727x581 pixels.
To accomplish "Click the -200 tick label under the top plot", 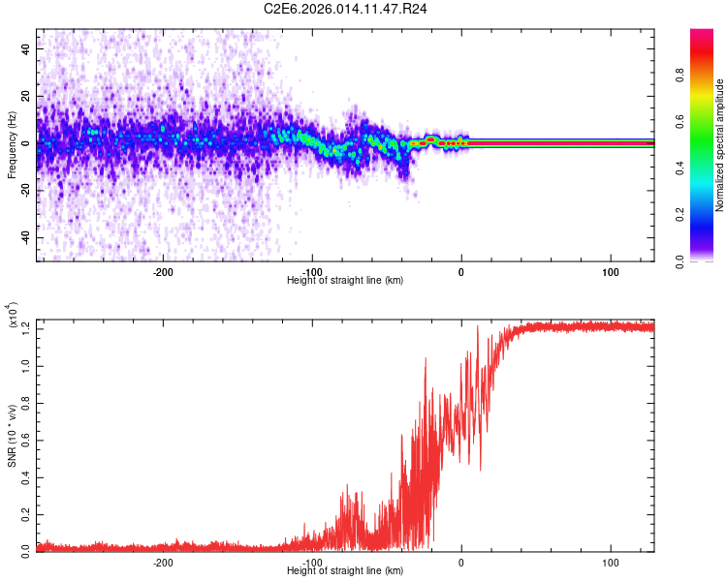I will point(163,272).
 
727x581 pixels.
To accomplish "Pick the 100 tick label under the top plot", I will point(611,272).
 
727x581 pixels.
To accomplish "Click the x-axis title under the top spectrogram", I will point(345,281).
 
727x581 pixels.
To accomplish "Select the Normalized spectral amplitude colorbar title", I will point(720,145).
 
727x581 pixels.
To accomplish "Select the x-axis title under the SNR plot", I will point(345,571).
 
